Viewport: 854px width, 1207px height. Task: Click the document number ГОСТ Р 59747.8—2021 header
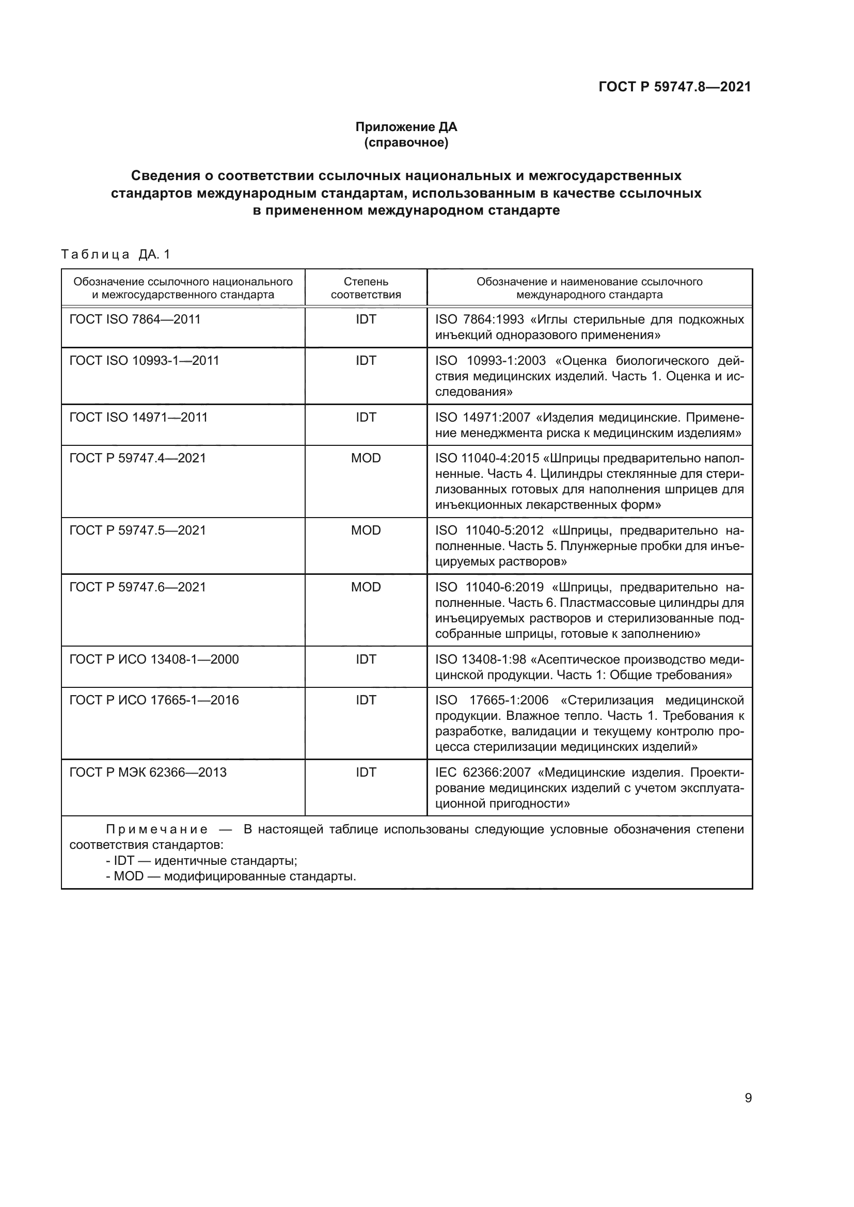674,87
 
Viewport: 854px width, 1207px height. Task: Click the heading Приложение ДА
406,127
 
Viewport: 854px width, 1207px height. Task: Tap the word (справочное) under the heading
406,142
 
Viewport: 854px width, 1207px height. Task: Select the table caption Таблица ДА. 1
116,254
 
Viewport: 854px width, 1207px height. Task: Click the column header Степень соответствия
366,287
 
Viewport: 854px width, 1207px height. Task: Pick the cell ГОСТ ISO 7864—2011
135,319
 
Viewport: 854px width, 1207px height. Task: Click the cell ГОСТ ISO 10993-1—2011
144,360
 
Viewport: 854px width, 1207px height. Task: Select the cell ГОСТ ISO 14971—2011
138,417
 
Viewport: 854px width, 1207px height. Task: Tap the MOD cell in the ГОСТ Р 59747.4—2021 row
366,458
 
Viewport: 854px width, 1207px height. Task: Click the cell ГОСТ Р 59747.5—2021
137,530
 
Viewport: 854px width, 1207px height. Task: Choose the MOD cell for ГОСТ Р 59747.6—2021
366,587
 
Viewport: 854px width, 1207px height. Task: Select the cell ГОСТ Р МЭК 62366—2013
148,773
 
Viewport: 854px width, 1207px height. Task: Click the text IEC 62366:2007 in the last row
483,773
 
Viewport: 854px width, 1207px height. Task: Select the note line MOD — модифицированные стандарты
231,876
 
